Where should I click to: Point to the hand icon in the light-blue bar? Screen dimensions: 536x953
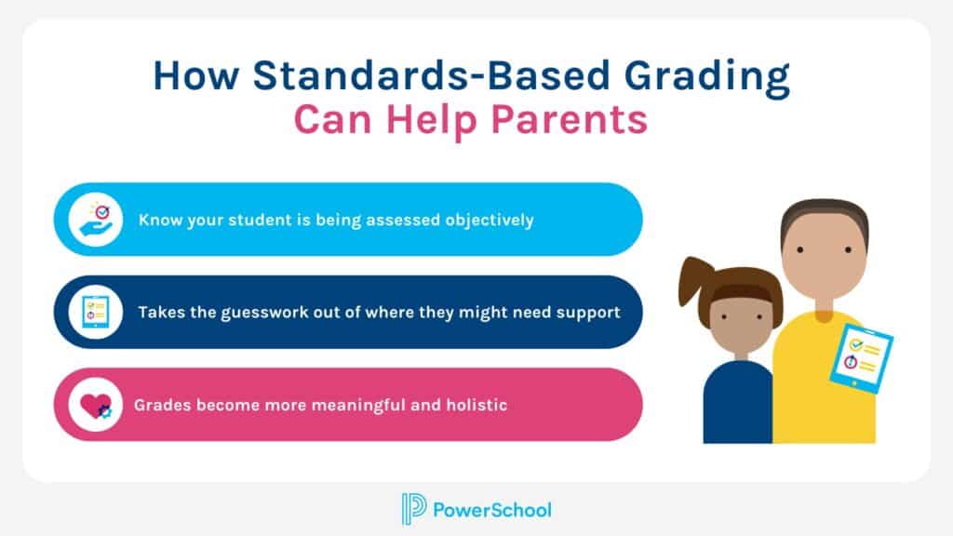pos(96,220)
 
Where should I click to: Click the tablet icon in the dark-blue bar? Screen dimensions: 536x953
pos(96,312)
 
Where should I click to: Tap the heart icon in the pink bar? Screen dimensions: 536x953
pos(96,406)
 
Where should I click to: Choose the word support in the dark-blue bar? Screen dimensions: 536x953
pos(587,313)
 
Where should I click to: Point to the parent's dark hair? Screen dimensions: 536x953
pos(824,216)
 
